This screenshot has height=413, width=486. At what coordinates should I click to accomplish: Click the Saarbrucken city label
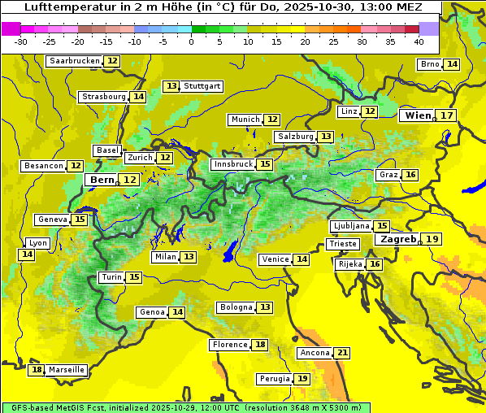point(75,61)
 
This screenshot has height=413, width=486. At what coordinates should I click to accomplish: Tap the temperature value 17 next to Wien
point(447,115)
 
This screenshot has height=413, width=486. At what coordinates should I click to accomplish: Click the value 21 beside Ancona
point(342,353)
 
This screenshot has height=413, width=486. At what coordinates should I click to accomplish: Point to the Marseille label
point(67,370)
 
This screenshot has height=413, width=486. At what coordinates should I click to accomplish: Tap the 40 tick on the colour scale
point(419,41)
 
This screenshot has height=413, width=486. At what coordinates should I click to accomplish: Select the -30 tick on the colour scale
point(21,41)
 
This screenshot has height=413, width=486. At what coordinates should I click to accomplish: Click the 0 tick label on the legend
point(191,41)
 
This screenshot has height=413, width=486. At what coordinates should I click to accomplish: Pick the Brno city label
point(430,64)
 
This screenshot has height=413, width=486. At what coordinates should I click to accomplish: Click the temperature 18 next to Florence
point(260,345)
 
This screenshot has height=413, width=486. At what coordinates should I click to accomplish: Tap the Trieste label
point(341,244)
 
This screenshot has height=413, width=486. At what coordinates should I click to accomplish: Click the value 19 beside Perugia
point(302,379)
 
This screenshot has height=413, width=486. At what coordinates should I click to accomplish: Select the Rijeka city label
point(350,264)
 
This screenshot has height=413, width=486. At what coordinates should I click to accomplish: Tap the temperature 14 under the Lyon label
point(27,254)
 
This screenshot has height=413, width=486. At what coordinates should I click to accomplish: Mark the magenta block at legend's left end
point(11,28)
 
